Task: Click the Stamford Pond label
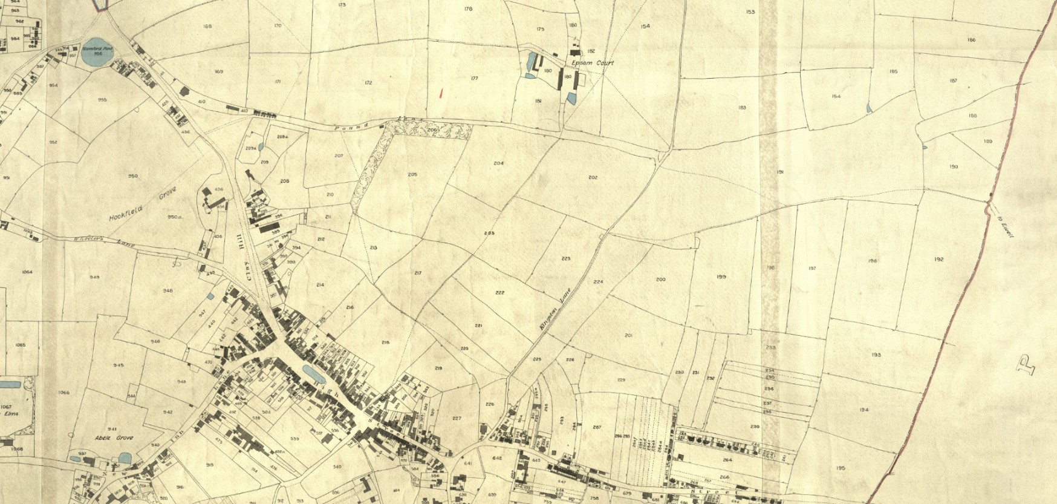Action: pyautogui.click(x=94, y=48)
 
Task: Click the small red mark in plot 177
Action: pyautogui.click(x=441, y=93)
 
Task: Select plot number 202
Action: pyautogui.click(x=593, y=177)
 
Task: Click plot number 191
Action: pyautogui.click(x=780, y=172)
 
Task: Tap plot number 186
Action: pyautogui.click(x=971, y=40)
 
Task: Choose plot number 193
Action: pyautogui.click(x=876, y=355)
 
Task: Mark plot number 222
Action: pyautogui.click(x=499, y=293)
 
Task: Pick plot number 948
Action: pyautogui.click(x=167, y=291)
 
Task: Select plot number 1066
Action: pyautogui.click(x=63, y=393)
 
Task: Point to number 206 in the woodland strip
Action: pyautogui.click(x=431, y=129)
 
